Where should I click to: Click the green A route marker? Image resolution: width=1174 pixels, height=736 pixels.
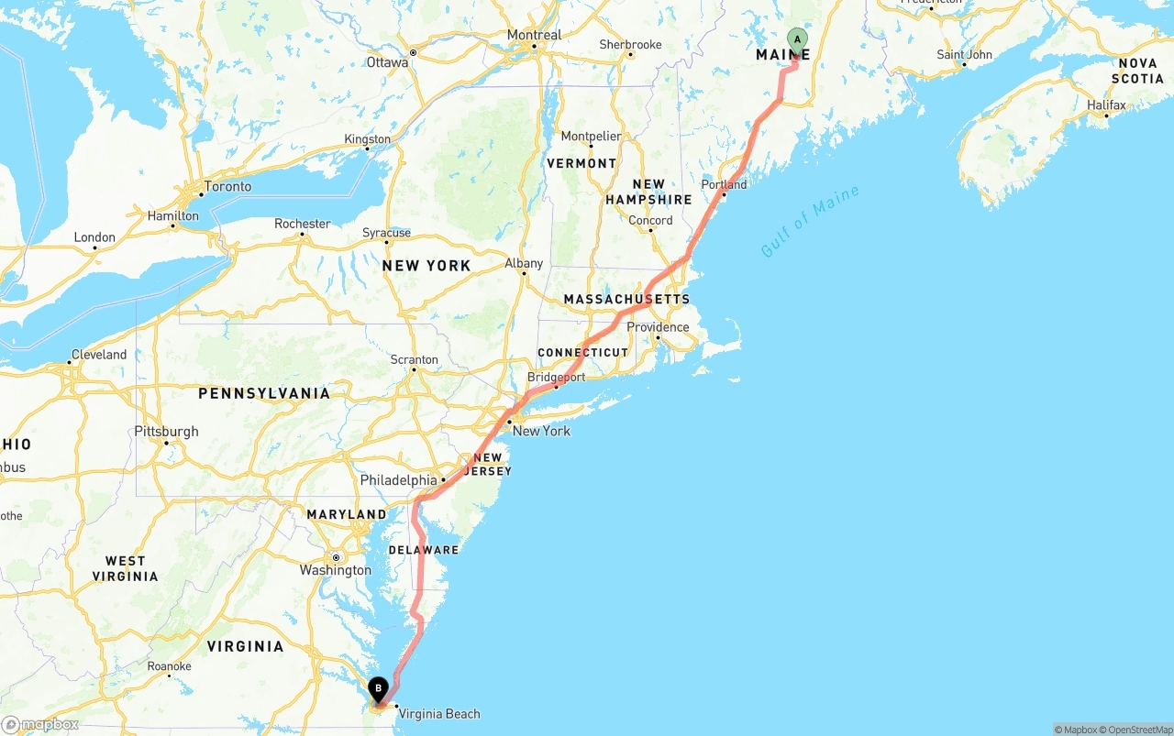click(797, 39)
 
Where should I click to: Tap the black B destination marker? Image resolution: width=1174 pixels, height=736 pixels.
click(378, 688)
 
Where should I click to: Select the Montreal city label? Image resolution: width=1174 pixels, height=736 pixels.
click(534, 35)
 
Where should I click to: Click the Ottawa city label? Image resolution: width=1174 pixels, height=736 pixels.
click(387, 62)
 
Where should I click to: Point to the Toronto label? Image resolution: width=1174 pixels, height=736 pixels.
click(227, 186)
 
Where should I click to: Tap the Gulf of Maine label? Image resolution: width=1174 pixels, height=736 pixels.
click(810, 221)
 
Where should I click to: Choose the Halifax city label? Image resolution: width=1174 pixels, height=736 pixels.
click(1106, 105)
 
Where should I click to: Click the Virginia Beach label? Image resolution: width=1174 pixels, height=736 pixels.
click(439, 714)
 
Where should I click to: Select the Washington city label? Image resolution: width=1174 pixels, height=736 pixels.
click(336, 570)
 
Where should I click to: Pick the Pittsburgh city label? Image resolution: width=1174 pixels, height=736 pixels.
click(166, 431)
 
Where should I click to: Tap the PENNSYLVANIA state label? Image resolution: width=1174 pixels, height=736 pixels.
click(264, 393)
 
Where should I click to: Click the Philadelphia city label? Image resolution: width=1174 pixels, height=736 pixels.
click(398, 480)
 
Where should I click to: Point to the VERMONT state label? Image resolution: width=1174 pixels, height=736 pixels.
click(581, 163)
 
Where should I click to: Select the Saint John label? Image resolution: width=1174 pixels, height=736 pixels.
click(964, 55)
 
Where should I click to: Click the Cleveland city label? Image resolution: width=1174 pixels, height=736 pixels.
click(99, 355)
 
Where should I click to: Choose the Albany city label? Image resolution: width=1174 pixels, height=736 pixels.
click(524, 263)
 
